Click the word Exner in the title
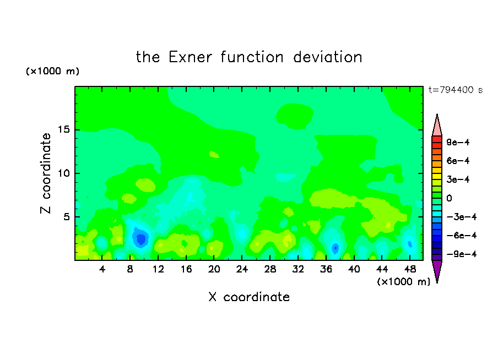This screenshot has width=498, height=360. [190, 57]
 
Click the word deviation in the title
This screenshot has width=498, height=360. [327, 57]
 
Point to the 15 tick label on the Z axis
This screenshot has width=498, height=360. [63, 129]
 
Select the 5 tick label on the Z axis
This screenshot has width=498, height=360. [66, 217]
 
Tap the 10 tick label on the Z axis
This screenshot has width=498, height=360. [63, 173]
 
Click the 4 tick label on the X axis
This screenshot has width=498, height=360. [102, 270]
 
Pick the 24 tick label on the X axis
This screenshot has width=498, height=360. [242, 270]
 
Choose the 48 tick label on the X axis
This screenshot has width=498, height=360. [410, 270]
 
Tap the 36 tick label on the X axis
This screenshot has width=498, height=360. [326, 270]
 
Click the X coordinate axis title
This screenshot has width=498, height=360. [249, 297]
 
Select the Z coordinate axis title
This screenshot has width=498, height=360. [46, 173]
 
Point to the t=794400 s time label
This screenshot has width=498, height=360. [456, 90]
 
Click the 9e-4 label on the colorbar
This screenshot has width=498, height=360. [458, 142]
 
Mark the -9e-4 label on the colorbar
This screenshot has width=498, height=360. [462, 254]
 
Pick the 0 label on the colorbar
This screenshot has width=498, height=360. [449, 198]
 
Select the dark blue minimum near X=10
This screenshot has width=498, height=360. [140, 238]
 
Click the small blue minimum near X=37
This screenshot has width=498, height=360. [335, 248]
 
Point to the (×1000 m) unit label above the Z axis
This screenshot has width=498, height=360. [52, 71]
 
